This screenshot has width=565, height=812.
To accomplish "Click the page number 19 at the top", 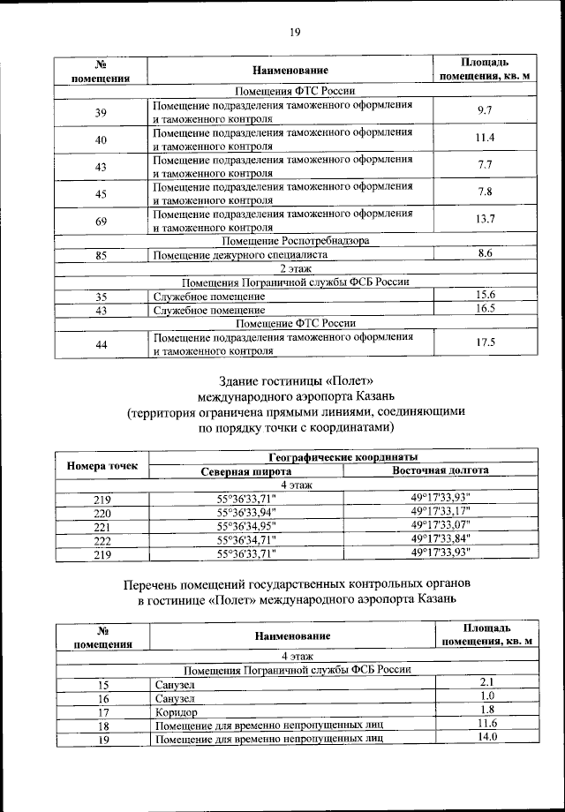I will point(295,33).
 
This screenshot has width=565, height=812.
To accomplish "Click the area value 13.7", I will point(484,218).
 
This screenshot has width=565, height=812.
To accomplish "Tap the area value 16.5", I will point(484,310).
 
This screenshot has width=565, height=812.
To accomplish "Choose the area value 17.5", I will point(484,342).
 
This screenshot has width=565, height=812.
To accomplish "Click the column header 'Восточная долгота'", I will point(441,470).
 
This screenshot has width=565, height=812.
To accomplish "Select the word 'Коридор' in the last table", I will point(175,710).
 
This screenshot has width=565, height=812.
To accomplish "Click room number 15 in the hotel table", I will point(102,684).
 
